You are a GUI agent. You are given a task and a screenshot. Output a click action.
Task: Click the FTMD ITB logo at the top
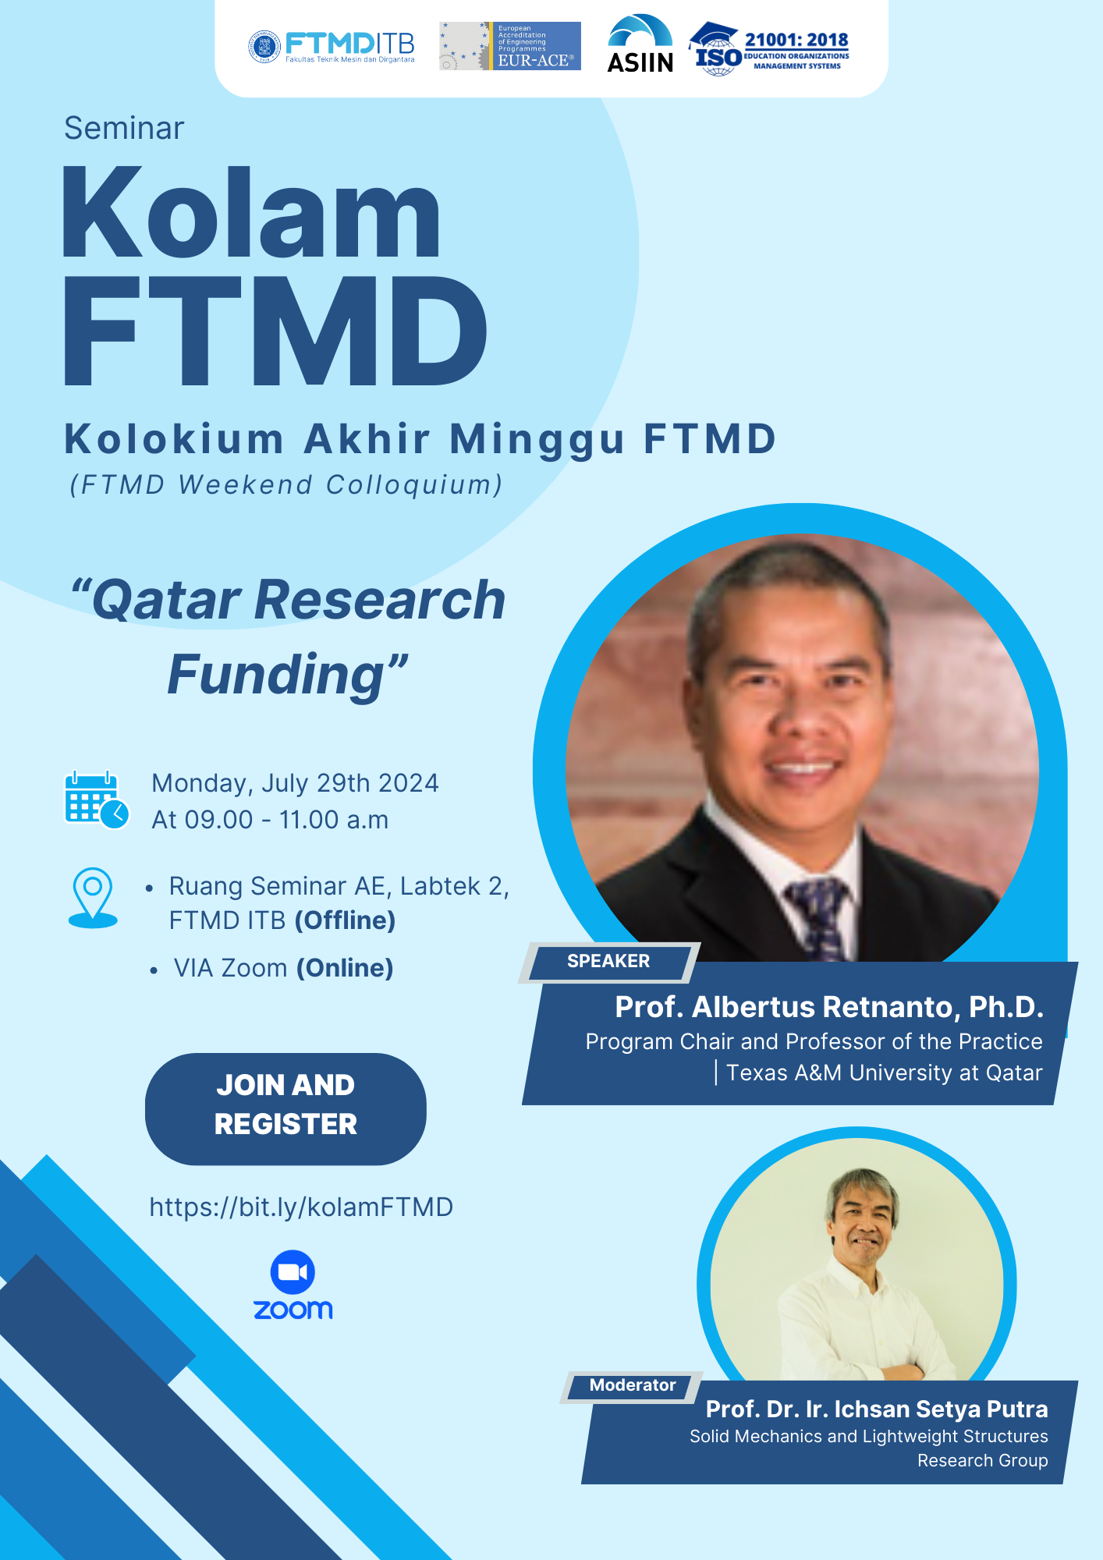[332, 47]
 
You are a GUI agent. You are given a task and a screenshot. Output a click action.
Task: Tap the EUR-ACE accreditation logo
[509, 46]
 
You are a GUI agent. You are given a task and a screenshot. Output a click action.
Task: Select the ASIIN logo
[640, 45]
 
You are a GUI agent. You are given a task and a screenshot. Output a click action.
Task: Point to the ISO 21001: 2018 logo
[769, 48]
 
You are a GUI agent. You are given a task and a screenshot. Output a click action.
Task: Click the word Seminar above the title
[124, 129]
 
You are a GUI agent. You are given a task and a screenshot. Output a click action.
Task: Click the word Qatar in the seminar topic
[167, 601]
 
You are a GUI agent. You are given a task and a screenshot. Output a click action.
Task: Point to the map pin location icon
[93, 897]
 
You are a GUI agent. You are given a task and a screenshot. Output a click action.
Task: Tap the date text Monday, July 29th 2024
[295, 783]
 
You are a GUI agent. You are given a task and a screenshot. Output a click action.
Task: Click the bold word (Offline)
[345, 920]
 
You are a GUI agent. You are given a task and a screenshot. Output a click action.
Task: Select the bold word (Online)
[345, 968]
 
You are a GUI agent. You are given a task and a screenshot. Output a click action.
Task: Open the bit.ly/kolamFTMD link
[301, 1207]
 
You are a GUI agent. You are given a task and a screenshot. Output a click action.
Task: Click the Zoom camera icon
[293, 1272]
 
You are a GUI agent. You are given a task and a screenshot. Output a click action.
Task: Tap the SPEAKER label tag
[608, 962]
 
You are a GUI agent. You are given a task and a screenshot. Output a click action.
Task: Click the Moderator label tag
[632, 1385]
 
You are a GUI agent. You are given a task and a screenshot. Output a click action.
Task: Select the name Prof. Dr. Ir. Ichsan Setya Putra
[876, 1409]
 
